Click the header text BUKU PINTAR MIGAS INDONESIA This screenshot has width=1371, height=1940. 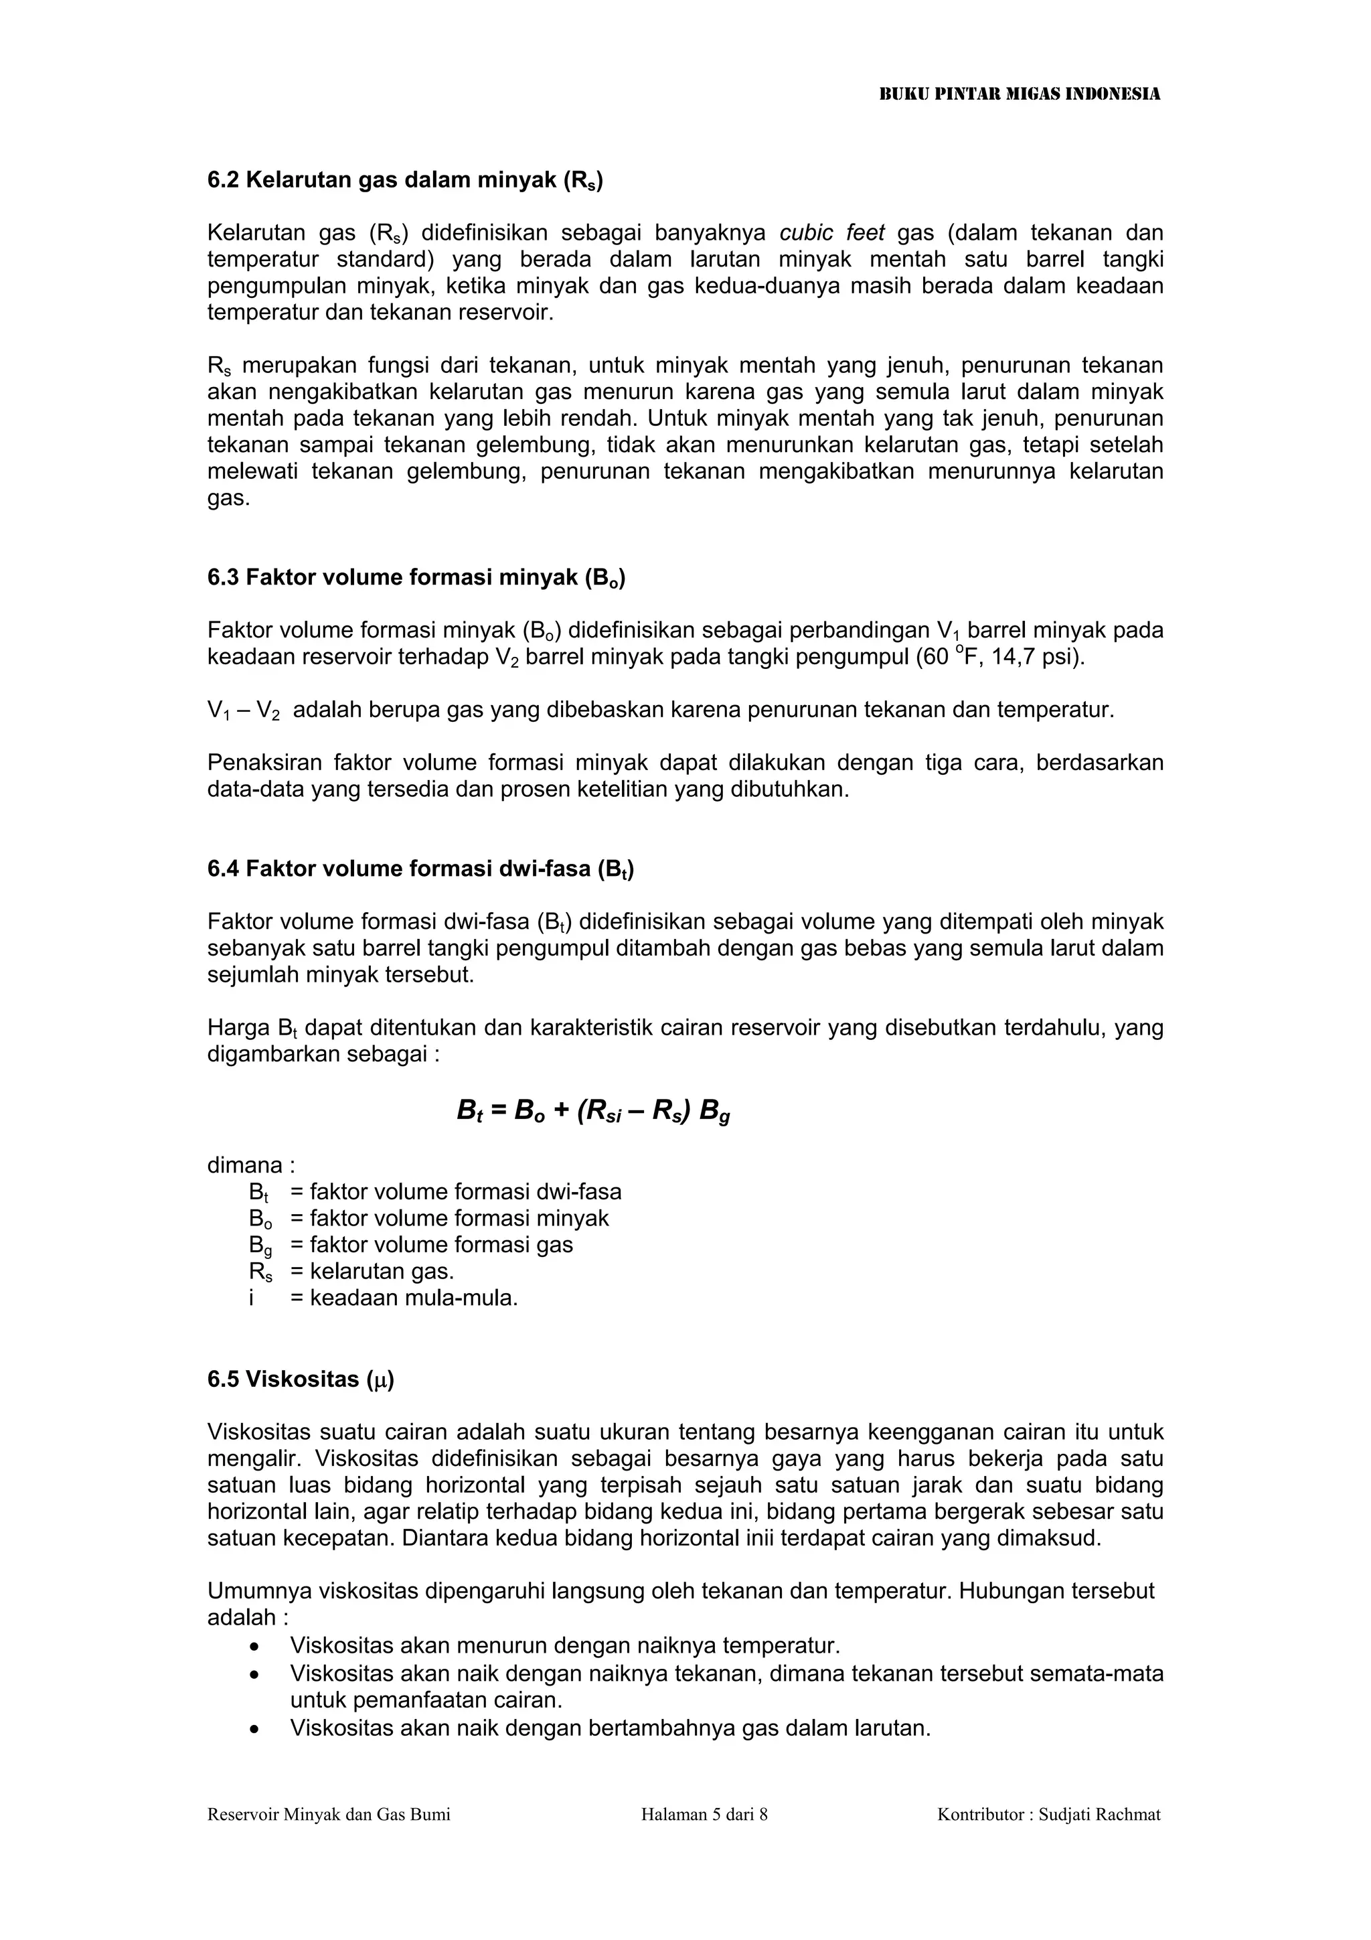pyautogui.click(x=1020, y=94)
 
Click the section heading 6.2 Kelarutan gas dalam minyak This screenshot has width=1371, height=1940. pyautogui.click(x=404, y=180)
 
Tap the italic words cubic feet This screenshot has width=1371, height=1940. pyautogui.click(x=831, y=232)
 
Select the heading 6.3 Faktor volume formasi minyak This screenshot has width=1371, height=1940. pyautogui.click(x=416, y=578)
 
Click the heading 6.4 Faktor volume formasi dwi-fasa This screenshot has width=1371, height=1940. pyautogui.click(x=420, y=869)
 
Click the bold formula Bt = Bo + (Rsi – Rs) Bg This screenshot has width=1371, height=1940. pyautogui.click(x=593, y=1110)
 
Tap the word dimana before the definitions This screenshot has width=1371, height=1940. pyautogui.click(x=245, y=1165)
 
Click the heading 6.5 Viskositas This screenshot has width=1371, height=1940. pyautogui.click(x=301, y=1379)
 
